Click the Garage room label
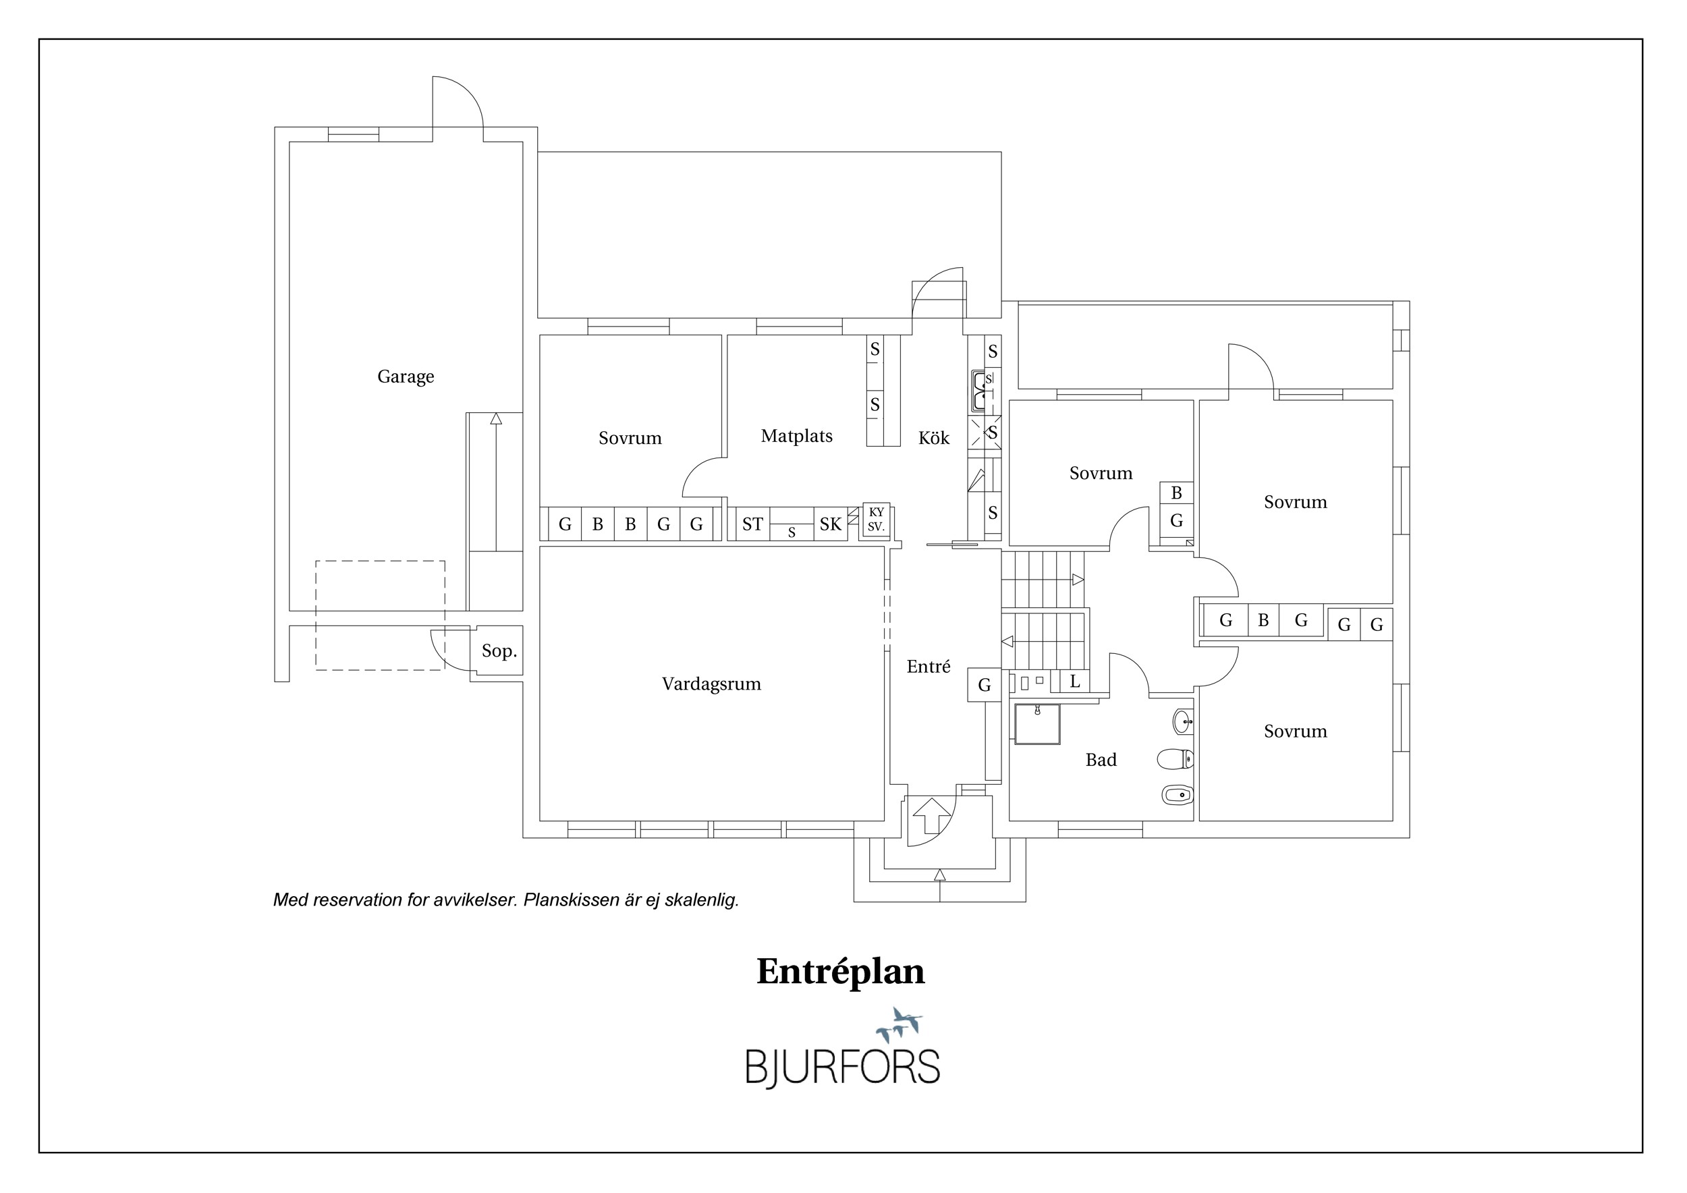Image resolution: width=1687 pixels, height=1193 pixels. click(406, 377)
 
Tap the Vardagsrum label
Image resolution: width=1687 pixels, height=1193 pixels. click(711, 684)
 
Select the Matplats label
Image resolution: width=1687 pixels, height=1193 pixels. click(796, 437)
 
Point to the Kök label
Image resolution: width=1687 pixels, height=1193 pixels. click(934, 438)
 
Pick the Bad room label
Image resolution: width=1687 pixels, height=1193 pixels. click(1101, 760)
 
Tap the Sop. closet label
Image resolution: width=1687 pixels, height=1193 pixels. click(499, 651)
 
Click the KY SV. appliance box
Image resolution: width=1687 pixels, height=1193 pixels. click(876, 520)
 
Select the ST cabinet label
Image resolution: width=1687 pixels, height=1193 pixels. click(752, 524)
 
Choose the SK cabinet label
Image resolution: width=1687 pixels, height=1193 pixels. click(830, 524)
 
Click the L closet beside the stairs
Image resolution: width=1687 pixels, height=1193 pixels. click(1074, 681)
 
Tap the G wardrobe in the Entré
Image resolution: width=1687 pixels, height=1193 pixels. click(984, 685)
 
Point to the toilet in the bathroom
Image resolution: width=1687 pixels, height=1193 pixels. click(1175, 758)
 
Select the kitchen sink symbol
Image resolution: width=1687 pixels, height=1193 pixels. click(980, 391)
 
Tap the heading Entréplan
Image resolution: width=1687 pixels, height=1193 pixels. click(841, 972)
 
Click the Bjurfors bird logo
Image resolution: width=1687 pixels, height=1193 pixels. click(900, 1024)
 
